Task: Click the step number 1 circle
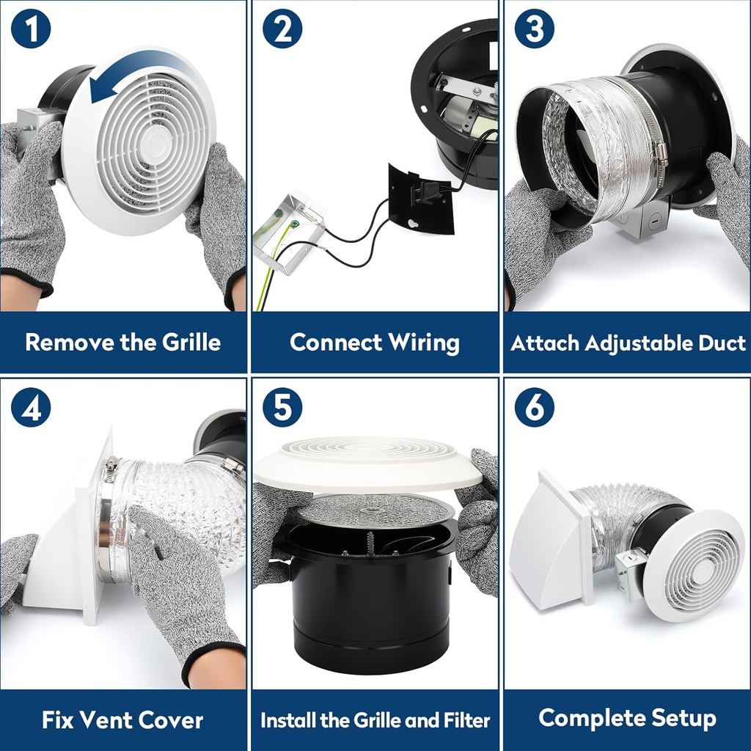click(x=31, y=31)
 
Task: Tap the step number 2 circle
click(x=282, y=31)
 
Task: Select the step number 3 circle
click(x=534, y=31)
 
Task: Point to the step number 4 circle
click(x=31, y=408)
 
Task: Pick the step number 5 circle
click(x=282, y=408)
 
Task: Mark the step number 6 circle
click(x=534, y=408)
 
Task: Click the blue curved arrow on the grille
click(x=139, y=77)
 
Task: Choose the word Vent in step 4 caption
click(x=120, y=719)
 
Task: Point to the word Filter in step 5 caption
click(x=464, y=720)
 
